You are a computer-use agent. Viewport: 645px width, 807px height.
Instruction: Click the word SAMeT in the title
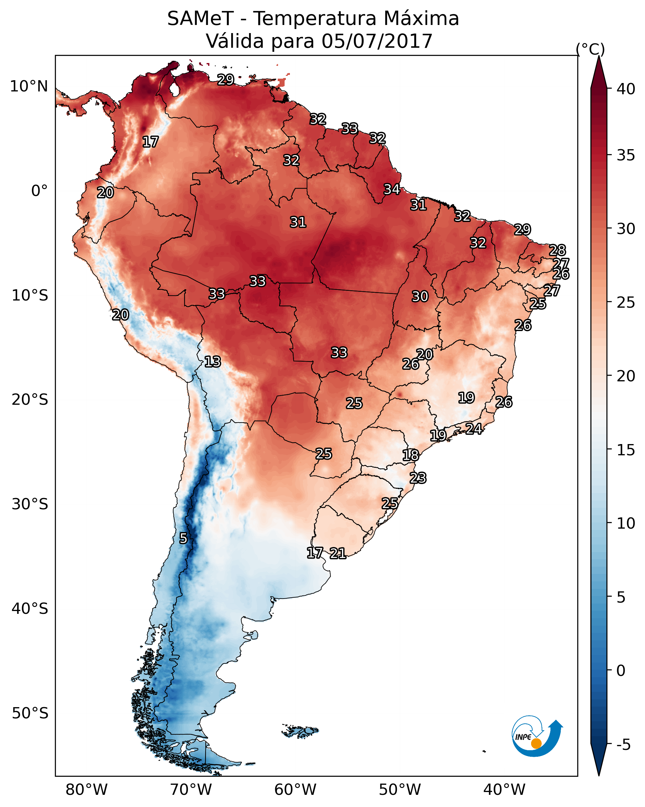200,19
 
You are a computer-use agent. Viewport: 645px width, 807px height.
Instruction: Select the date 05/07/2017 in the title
377,41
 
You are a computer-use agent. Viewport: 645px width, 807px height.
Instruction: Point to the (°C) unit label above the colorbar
590,49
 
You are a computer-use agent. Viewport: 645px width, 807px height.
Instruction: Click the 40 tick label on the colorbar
626,89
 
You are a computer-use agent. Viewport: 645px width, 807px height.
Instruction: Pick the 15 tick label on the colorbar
626,450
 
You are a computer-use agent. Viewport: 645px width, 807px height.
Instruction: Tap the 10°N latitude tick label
29,86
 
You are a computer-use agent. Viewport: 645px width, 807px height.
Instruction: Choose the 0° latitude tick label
39,191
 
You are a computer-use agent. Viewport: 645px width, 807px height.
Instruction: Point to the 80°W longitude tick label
86,790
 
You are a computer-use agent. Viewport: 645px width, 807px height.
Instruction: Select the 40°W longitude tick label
504,790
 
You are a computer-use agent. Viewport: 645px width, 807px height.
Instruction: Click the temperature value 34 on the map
392,189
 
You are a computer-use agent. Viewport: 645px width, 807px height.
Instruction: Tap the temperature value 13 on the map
213,362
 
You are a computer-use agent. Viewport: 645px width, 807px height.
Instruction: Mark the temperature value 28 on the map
557,250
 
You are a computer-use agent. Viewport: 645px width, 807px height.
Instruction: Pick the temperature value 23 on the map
418,478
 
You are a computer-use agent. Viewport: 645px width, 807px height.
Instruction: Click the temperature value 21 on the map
338,553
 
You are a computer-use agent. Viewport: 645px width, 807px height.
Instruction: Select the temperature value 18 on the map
411,455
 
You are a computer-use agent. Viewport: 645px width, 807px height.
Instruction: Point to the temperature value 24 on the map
474,428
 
